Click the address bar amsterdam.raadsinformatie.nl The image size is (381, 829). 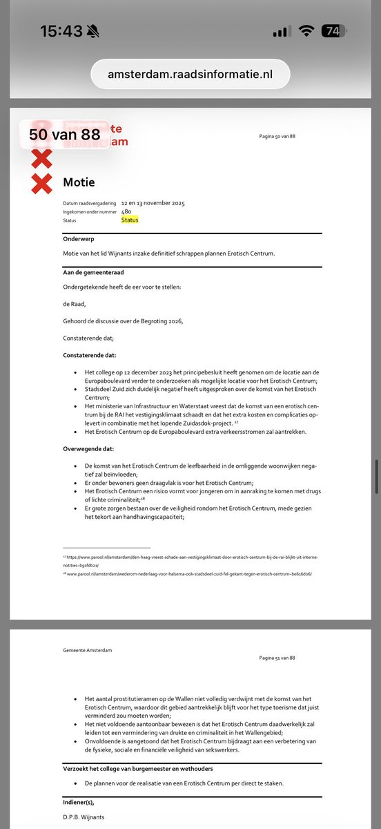190,74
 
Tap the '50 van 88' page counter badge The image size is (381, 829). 65,135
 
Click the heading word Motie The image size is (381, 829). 79,182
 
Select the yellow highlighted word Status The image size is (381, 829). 130,220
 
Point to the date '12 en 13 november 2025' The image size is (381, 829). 153,203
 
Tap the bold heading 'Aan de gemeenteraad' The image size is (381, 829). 90,273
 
